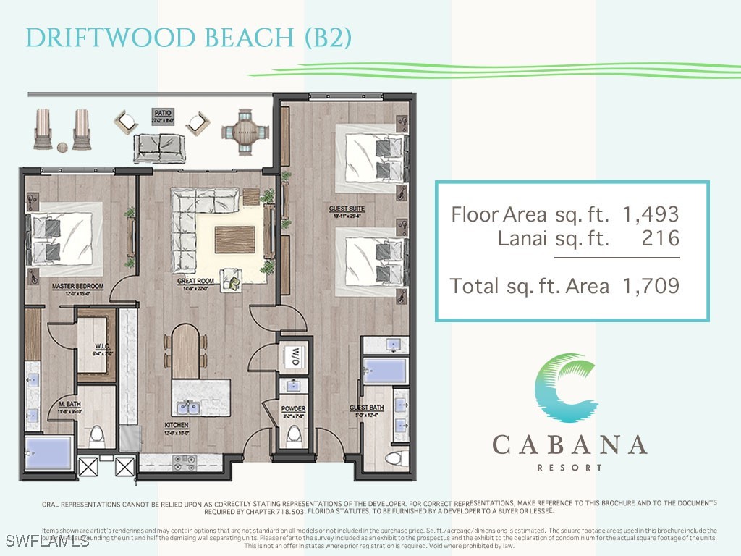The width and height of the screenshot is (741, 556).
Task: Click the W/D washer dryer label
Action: tap(295, 356)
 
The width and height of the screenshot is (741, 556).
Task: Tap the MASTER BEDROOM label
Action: tap(77, 287)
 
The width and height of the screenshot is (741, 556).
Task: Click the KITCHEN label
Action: tap(177, 425)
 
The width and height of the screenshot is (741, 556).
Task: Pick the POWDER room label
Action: tap(293, 409)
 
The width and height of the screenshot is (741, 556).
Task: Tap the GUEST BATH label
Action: tap(366, 408)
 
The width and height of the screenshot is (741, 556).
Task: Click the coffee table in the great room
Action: tap(234, 239)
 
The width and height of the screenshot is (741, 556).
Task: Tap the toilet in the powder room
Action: tap(294, 436)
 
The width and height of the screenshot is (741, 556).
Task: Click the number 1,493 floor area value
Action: tap(650, 214)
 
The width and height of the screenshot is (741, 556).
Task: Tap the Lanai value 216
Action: tap(660, 238)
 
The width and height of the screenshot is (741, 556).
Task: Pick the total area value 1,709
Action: tap(650, 286)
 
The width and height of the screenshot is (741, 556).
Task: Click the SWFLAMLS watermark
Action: tap(45, 541)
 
